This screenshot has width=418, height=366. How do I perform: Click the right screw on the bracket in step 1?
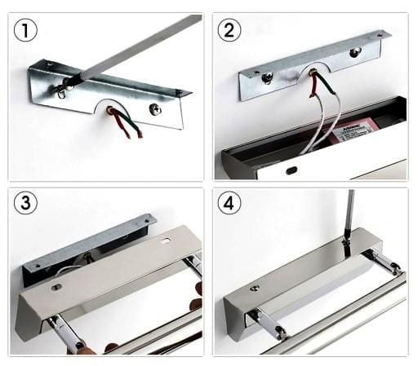pyautogui.click(x=155, y=108)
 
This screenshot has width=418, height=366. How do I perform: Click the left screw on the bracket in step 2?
pyautogui.click(x=267, y=78)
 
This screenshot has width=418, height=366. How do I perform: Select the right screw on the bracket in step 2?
pyautogui.click(x=355, y=52)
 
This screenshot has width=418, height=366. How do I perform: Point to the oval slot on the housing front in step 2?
pyautogui.click(x=291, y=170)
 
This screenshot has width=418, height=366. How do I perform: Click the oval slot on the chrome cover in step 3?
pyautogui.click(x=167, y=242)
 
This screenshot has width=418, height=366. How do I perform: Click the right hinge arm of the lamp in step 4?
pyautogui.click(x=385, y=262)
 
